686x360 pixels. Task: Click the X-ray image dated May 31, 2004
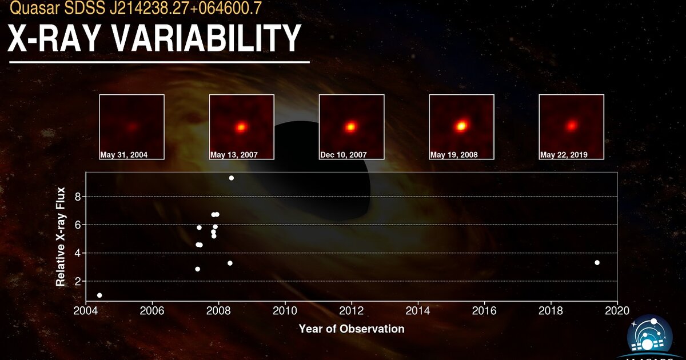click(x=131, y=126)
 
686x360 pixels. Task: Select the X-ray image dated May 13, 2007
click(x=241, y=126)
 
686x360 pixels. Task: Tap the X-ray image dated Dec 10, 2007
click(x=351, y=126)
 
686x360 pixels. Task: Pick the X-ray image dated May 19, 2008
click(x=461, y=126)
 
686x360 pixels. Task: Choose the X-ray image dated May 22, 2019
click(x=571, y=126)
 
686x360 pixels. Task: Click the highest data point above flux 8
click(x=231, y=178)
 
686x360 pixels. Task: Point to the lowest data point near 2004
click(x=99, y=295)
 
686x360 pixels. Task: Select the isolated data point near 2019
click(x=597, y=263)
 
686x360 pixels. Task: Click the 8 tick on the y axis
click(x=78, y=197)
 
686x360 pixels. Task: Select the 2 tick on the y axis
click(x=78, y=281)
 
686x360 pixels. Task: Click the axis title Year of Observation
click(x=351, y=329)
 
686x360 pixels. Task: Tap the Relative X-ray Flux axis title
click(x=60, y=237)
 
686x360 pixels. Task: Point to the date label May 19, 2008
click(x=454, y=155)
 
